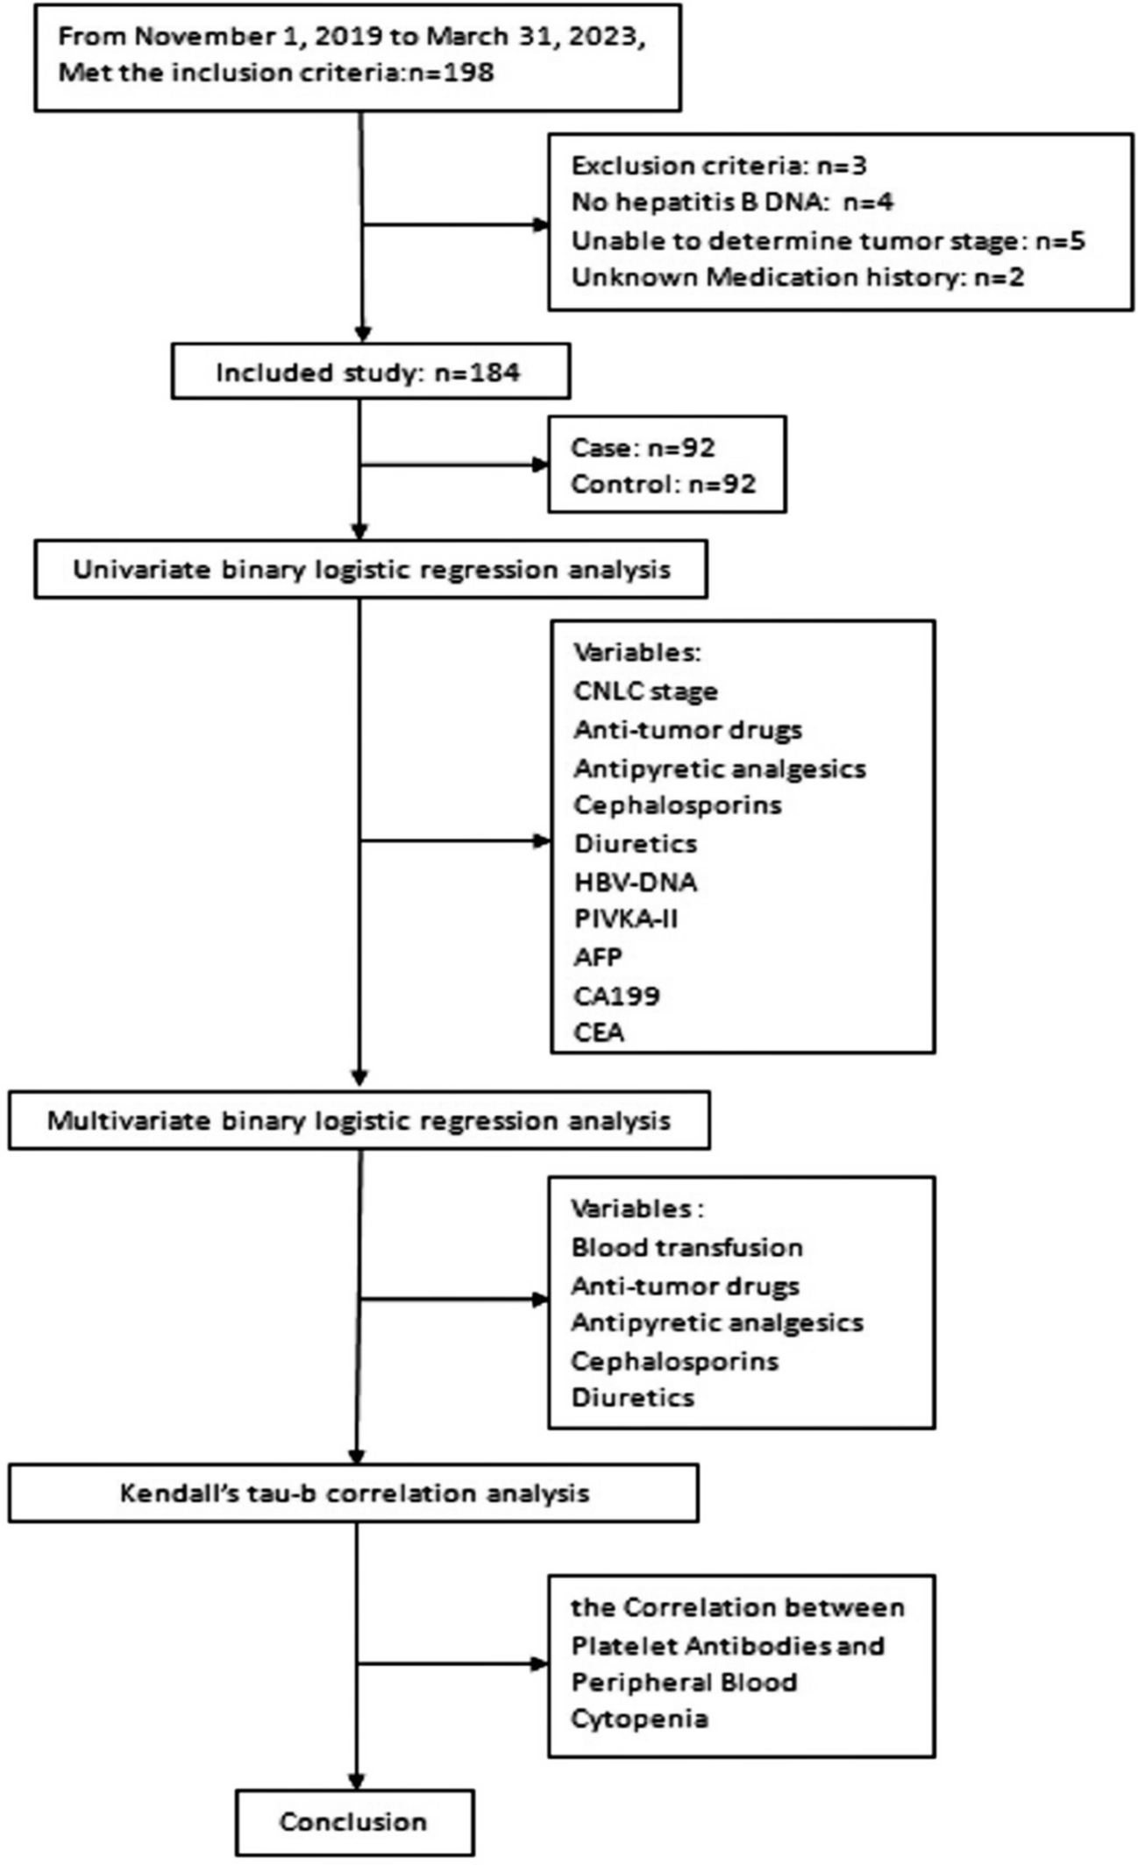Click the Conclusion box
click(354, 1822)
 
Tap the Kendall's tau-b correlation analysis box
click(354, 1493)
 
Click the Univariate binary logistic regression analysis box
click(371, 570)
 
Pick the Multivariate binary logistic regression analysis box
click(359, 1120)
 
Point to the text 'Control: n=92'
click(663, 484)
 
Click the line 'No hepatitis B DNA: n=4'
click(732, 202)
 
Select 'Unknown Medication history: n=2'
click(797, 278)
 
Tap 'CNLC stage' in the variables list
click(645, 691)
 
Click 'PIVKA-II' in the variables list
click(626, 919)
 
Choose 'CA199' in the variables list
click(616, 996)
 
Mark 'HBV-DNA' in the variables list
click(635, 882)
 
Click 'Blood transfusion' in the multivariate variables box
click(686, 1247)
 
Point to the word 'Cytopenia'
click(638, 1719)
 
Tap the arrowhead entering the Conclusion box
click(357, 1780)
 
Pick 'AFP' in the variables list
click(598, 957)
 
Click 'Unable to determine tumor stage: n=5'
click(828, 240)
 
